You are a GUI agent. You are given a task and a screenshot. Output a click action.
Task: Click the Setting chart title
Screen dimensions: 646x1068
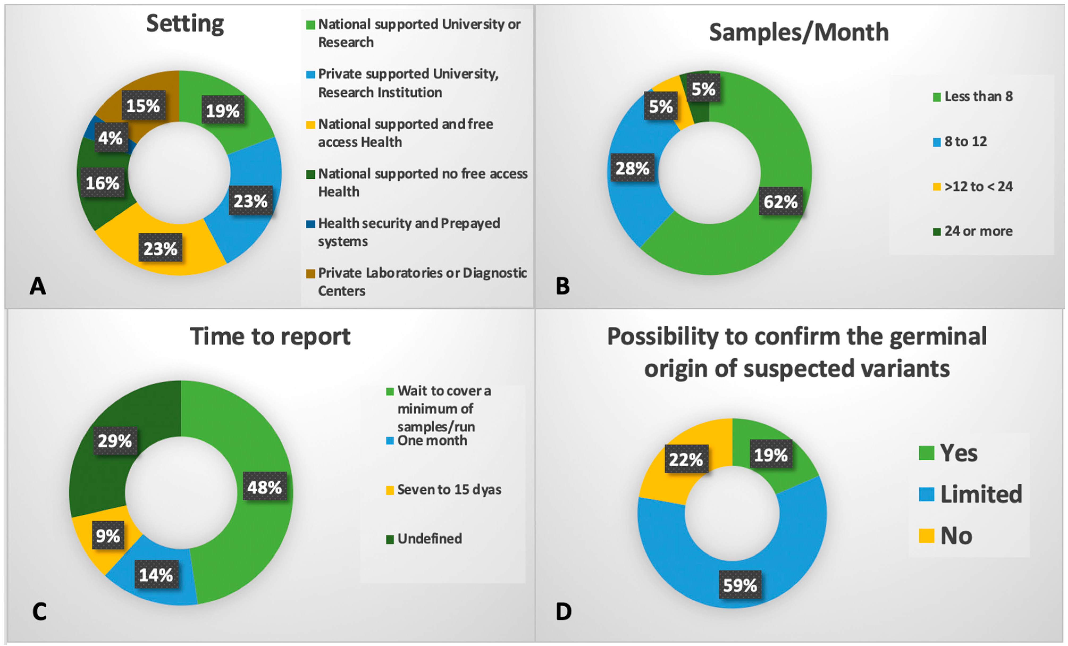click(185, 24)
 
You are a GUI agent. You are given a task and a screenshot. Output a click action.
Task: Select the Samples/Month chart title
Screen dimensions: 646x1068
click(798, 32)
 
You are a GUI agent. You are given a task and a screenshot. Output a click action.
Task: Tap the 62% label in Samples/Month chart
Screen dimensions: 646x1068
click(780, 202)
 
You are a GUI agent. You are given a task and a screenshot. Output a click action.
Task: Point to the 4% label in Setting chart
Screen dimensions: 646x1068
click(111, 138)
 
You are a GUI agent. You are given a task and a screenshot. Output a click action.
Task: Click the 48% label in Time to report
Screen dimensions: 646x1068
click(264, 487)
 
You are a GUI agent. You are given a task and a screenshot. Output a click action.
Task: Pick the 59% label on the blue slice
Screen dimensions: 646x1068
click(740, 585)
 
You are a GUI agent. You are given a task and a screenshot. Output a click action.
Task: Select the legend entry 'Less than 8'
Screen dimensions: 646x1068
click(978, 96)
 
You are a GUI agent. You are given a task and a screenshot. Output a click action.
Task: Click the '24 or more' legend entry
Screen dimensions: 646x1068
click(978, 231)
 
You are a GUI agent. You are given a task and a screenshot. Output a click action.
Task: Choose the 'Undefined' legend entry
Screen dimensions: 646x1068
click(429, 539)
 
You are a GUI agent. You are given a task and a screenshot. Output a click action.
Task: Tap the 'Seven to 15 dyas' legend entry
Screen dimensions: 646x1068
click(449, 489)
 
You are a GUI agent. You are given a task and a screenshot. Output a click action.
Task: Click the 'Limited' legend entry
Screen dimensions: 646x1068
click(981, 494)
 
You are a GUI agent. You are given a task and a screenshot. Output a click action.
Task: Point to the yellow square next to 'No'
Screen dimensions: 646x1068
click(926, 536)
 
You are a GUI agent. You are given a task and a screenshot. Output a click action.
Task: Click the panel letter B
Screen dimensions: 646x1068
click(563, 286)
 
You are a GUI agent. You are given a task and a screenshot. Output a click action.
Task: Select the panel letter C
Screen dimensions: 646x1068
click(39, 611)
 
